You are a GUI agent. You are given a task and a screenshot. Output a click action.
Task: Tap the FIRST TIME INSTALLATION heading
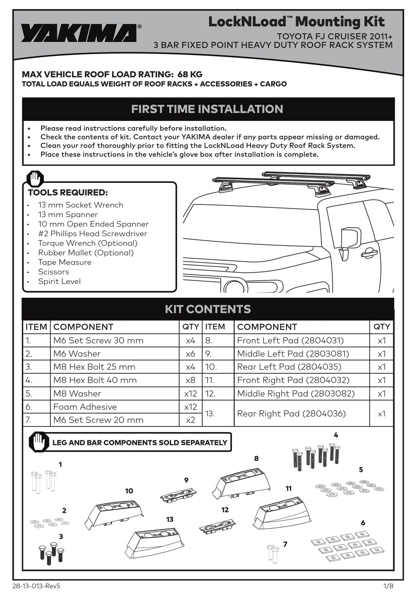pos(207,109)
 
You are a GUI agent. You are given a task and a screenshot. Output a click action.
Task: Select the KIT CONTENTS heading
pos(208,309)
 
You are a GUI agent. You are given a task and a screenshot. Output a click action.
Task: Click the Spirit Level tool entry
pos(59,281)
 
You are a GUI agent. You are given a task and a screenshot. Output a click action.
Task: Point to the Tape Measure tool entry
pos(65,262)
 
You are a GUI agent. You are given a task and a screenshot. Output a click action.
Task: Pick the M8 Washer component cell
pos(77,394)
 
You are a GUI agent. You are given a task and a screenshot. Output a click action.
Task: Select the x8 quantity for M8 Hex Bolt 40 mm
pos(190,380)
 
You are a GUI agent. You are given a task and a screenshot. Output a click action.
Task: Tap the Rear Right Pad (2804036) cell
pos(291,413)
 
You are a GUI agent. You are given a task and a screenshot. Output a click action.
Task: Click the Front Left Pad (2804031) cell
pos(290,340)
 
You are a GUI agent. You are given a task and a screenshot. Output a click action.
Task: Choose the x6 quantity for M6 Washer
pos(190,354)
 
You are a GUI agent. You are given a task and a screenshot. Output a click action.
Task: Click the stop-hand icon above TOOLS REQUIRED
pos(35,179)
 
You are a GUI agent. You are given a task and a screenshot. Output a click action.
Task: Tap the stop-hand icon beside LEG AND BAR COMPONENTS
pos(39,441)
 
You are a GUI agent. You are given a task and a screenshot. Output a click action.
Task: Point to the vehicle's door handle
pos(370,252)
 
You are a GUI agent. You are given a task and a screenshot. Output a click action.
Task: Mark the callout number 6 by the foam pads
pos(363,523)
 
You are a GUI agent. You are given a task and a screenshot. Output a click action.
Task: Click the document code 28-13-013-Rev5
pos(36,586)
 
